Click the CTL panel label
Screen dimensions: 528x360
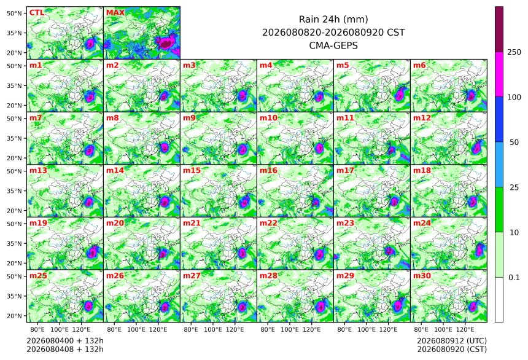coord(36,13)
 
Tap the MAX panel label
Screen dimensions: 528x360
coord(115,13)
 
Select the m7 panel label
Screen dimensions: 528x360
coord(36,118)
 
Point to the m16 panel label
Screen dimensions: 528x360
coord(268,171)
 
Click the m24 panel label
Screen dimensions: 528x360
coord(422,223)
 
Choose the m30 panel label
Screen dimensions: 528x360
coord(422,276)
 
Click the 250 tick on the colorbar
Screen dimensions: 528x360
coord(514,52)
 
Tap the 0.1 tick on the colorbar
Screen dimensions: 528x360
coord(514,278)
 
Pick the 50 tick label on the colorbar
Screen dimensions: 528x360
coord(514,143)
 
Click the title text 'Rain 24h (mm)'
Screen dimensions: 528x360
coord(333,19)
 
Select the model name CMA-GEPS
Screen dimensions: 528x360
coord(333,45)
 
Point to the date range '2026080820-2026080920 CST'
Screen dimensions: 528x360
coord(333,33)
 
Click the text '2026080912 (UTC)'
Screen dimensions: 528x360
coord(452,341)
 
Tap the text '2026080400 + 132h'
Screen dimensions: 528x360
coord(65,341)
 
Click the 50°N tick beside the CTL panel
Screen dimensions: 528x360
coord(14,13)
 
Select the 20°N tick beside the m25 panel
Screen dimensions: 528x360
coord(14,316)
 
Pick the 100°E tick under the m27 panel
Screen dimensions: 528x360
coord(213,329)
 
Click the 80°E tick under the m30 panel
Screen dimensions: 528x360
coord(421,329)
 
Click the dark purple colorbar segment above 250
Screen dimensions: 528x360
coord(499,29)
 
